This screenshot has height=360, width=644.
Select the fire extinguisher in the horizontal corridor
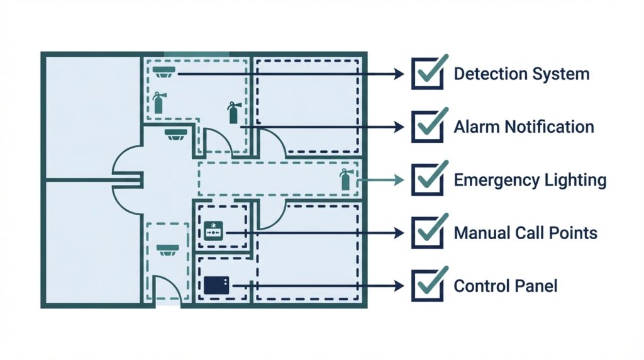coord(345,179)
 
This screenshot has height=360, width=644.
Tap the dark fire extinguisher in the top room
coord(233,113)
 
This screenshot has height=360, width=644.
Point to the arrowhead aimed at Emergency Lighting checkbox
coord(398,180)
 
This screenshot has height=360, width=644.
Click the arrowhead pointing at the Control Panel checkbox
coord(398,286)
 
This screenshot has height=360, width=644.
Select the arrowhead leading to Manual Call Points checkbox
coord(398,233)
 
